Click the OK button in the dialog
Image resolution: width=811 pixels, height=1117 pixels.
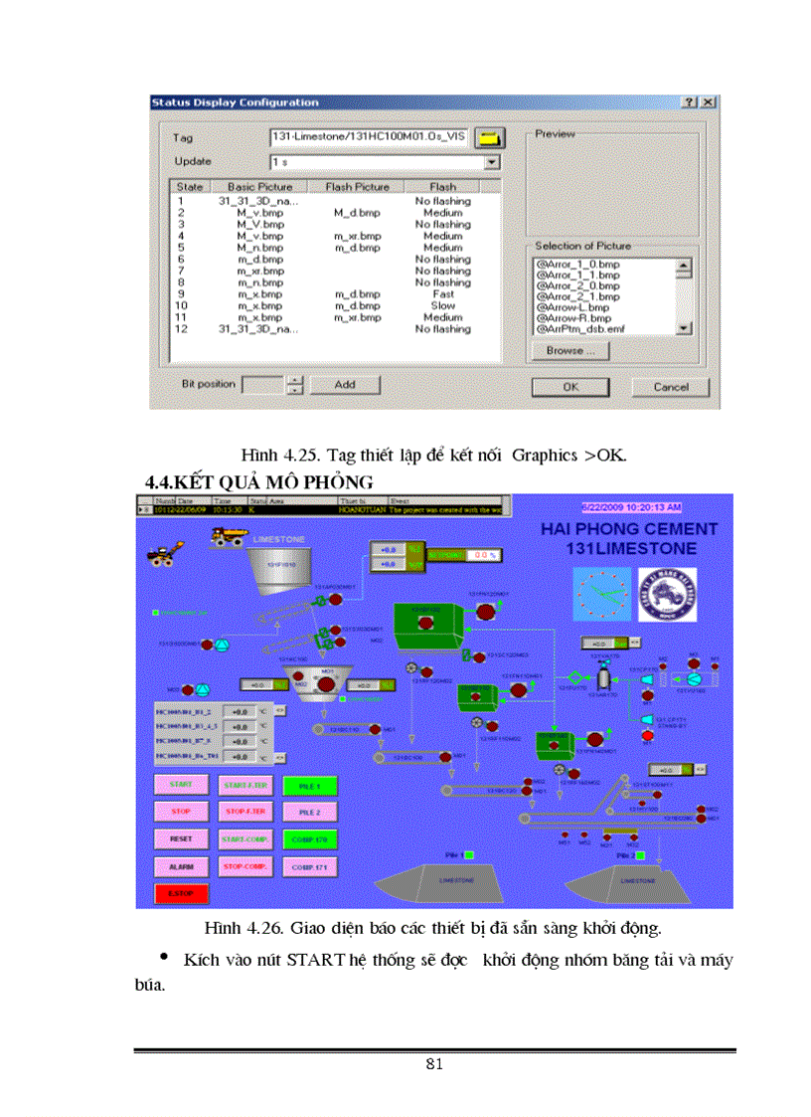[x=570, y=387]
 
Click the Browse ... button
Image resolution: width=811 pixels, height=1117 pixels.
[x=570, y=350]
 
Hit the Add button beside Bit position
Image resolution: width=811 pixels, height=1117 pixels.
[x=344, y=384]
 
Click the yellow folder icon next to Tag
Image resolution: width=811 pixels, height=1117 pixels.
[x=489, y=138]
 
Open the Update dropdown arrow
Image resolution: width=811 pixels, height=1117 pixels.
[x=491, y=161]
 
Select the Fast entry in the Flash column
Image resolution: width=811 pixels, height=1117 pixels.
[x=443, y=294]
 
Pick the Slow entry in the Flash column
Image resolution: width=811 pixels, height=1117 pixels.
[x=443, y=306]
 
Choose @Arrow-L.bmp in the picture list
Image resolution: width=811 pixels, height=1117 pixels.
[x=577, y=307]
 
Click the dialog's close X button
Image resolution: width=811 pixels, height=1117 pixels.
[x=708, y=102]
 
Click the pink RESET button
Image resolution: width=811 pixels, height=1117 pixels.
[x=180, y=839]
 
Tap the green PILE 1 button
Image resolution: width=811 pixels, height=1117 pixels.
[x=309, y=786]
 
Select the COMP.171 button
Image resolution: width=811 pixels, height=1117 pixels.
[x=309, y=867]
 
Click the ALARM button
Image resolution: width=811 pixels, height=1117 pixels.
[x=180, y=866]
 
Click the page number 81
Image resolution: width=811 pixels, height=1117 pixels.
[x=433, y=1064]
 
